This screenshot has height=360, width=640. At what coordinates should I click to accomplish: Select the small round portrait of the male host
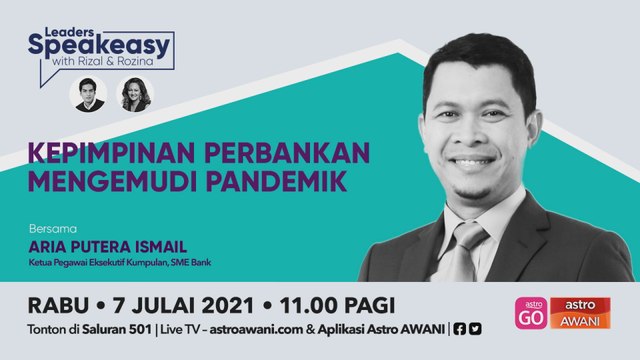pyautogui.click(x=90, y=94)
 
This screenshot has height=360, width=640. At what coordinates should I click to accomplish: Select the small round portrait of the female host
pyautogui.click(x=136, y=94)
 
